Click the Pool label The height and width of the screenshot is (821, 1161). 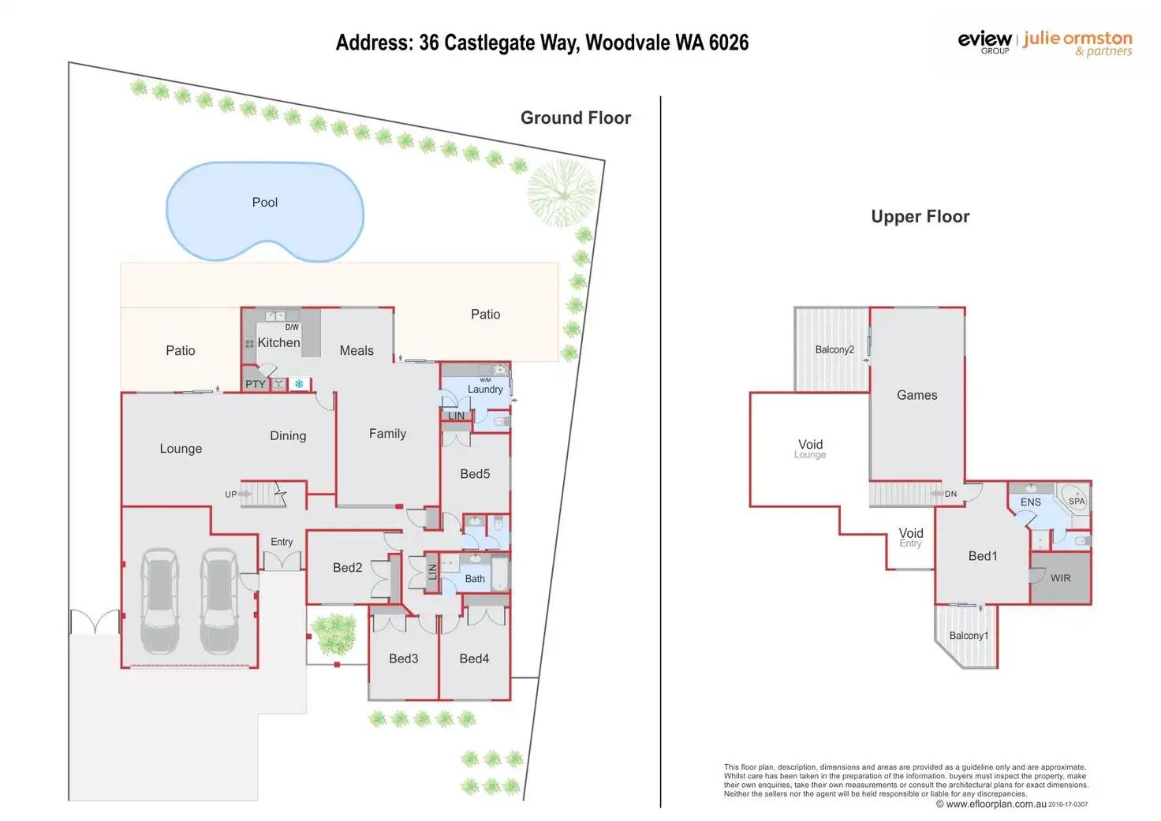pyautogui.click(x=265, y=203)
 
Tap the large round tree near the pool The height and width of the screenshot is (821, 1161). pyautogui.click(x=563, y=194)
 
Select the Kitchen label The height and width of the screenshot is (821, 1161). pyautogui.click(x=279, y=342)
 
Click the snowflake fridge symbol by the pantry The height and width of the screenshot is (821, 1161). pyautogui.click(x=299, y=384)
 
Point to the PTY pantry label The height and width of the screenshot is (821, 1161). pyautogui.click(x=256, y=385)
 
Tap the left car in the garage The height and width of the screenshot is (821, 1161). pyautogui.click(x=160, y=601)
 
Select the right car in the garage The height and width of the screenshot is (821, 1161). pyautogui.click(x=220, y=601)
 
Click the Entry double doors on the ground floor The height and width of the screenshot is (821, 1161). pyautogui.click(x=282, y=562)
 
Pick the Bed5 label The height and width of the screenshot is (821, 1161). pyautogui.click(x=475, y=474)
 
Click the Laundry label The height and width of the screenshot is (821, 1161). pyautogui.click(x=485, y=390)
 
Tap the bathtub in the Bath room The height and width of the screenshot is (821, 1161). pyautogui.click(x=500, y=573)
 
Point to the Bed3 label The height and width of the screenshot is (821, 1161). pyautogui.click(x=403, y=659)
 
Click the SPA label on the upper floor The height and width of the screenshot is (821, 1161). pyautogui.click(x=1077, y=502)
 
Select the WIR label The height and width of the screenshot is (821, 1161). pyautogui.click(x=1061, y=578)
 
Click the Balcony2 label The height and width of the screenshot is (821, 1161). pyautogui.click(x=834, y=350)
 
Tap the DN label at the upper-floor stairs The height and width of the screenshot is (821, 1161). pyautogui.click(x=950, y=494)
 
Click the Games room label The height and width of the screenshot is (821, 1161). pyautogui.click(x=916, y=395)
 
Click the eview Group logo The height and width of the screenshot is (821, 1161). pyautogui.click(x=984, y=42)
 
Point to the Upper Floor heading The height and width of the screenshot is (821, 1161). pyautogui.click(x=920, y=217)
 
